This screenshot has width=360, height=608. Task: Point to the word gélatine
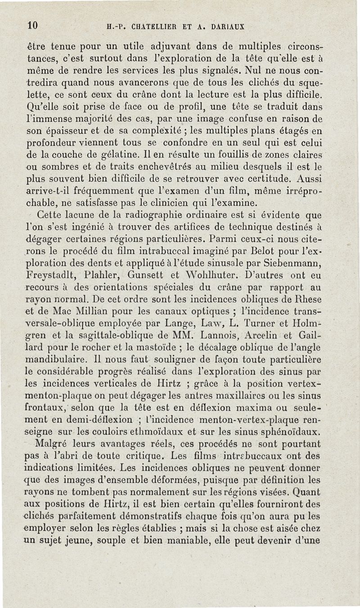click(111, 155)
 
